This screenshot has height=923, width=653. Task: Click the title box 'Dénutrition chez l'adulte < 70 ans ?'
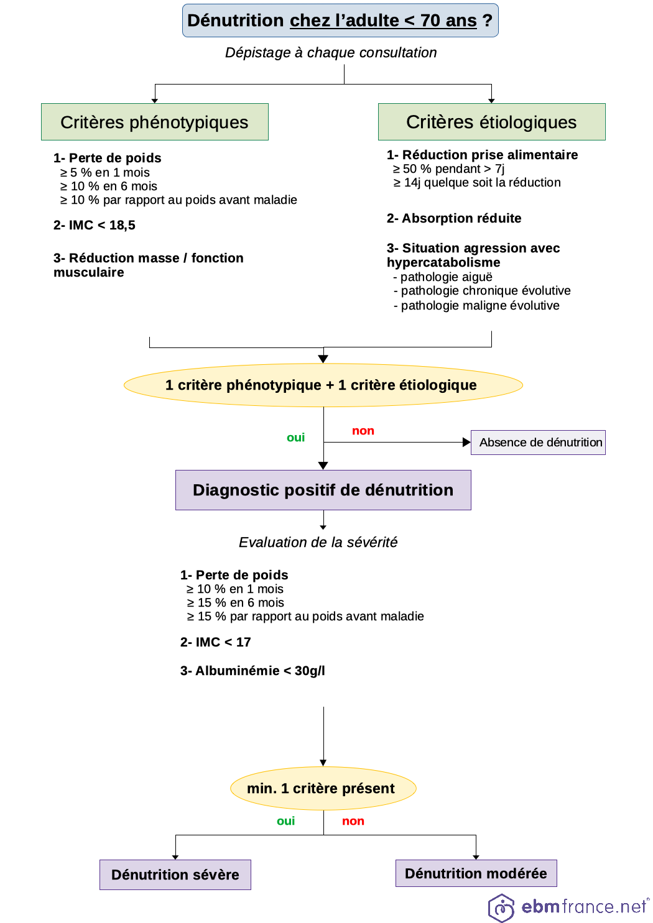pos(340,21)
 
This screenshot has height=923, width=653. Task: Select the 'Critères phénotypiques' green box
pos(154,122)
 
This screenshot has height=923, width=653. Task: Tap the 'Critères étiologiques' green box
pos(491,122)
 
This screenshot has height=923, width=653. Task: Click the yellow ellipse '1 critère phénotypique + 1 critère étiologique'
pos(323,385)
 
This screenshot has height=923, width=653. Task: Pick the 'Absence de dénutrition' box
pos(538,443)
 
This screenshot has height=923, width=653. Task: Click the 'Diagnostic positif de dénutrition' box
pos(323,490)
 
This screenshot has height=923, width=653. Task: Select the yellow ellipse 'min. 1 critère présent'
pos(323,788)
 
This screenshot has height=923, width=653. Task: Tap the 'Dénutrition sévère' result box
pos(175,875)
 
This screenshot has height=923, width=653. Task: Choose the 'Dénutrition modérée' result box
pos(476,873)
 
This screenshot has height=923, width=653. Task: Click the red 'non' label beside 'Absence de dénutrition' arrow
pos(363,431)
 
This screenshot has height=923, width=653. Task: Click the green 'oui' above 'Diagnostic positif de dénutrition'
pos(295,438)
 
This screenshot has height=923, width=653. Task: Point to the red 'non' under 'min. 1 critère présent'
pos(353,821)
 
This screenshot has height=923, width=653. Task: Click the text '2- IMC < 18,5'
pos(95,225)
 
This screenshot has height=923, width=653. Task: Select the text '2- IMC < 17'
pos(215,642)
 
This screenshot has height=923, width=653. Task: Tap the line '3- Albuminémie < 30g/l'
pos(252,671)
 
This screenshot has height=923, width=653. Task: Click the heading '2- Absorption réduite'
pos(454,218)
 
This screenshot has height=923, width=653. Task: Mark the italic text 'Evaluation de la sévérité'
pos(318,542)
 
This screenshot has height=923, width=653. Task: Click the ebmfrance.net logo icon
pos(501,907)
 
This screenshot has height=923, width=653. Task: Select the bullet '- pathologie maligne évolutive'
pos(477,305)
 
